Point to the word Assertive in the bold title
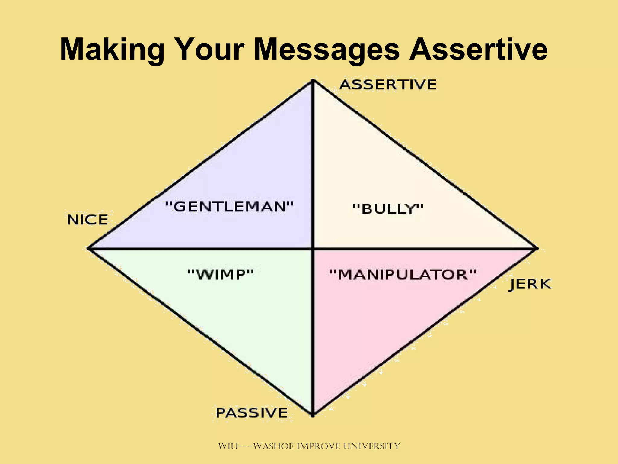click(478, 49)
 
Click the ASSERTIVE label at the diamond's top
click(388, 85)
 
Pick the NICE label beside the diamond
click(88, 220)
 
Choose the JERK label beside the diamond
click(530, 284)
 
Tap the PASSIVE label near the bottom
click(252, 413)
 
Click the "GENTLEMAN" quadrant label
click(229, 207)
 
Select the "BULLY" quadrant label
click(388, 209)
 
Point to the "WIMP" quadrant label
click(221, 275)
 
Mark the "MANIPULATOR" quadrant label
click(403, 275)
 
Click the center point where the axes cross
click(313, 249)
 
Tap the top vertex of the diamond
click(313, 80)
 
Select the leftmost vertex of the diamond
click(88, 248)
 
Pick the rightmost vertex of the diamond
click(537, 249)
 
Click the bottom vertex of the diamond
click(313, 416)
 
